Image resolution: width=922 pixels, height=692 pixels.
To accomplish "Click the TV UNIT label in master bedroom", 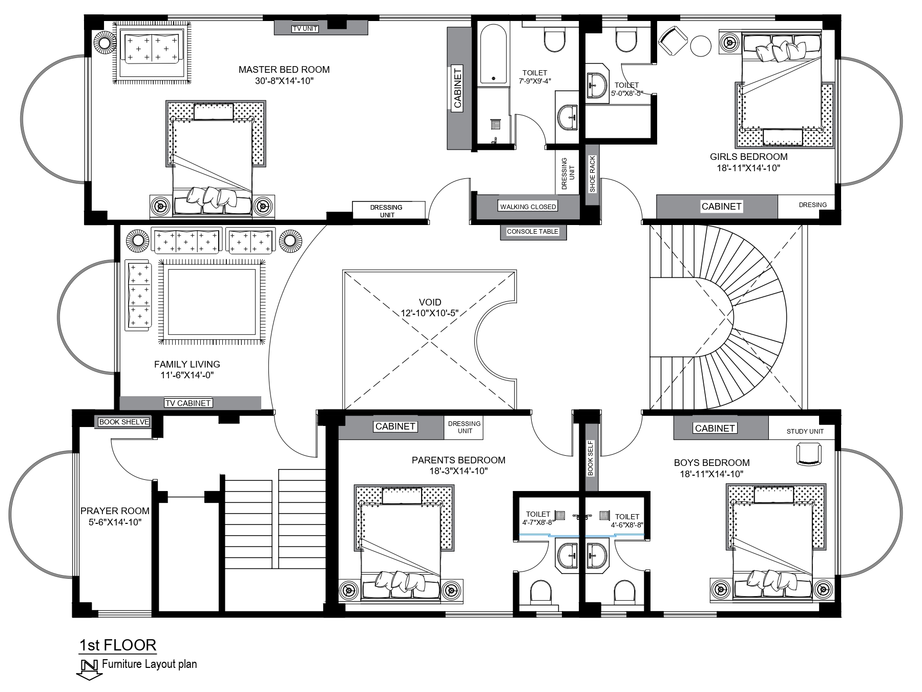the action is (x=305, y=29).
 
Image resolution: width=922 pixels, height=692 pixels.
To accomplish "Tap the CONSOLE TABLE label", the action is (x=532, y=232).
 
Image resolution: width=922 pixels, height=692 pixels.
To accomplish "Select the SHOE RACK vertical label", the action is (x=592, y=174).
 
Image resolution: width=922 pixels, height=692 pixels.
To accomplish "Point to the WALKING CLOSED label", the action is (x=528, y=207).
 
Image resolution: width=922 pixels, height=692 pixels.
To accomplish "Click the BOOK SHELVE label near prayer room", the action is (x=124, y=422).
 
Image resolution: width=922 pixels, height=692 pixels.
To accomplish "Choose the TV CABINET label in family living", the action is (x=188, y=403).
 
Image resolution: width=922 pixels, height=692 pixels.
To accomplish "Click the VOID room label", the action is (x=430, y=302).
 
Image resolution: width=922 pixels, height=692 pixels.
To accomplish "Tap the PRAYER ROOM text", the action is (x=115, y=511).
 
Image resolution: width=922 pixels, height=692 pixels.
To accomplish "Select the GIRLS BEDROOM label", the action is (x=748, y=157).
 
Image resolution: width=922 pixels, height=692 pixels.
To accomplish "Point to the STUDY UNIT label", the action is (x=805, y=432).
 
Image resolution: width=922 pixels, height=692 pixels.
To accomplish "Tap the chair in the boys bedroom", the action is (x=809, y=455).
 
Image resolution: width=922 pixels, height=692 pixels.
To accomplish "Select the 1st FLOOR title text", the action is (x=118, y=645).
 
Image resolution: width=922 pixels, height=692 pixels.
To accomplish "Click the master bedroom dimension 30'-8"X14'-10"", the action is (x=284, y=81).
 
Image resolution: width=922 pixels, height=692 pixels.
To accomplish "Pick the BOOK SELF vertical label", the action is (x=590, y=458).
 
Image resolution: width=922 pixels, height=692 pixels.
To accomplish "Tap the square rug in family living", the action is (x=212, y=302).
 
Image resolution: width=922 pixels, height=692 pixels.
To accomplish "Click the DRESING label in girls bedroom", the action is (x=813, y=205).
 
